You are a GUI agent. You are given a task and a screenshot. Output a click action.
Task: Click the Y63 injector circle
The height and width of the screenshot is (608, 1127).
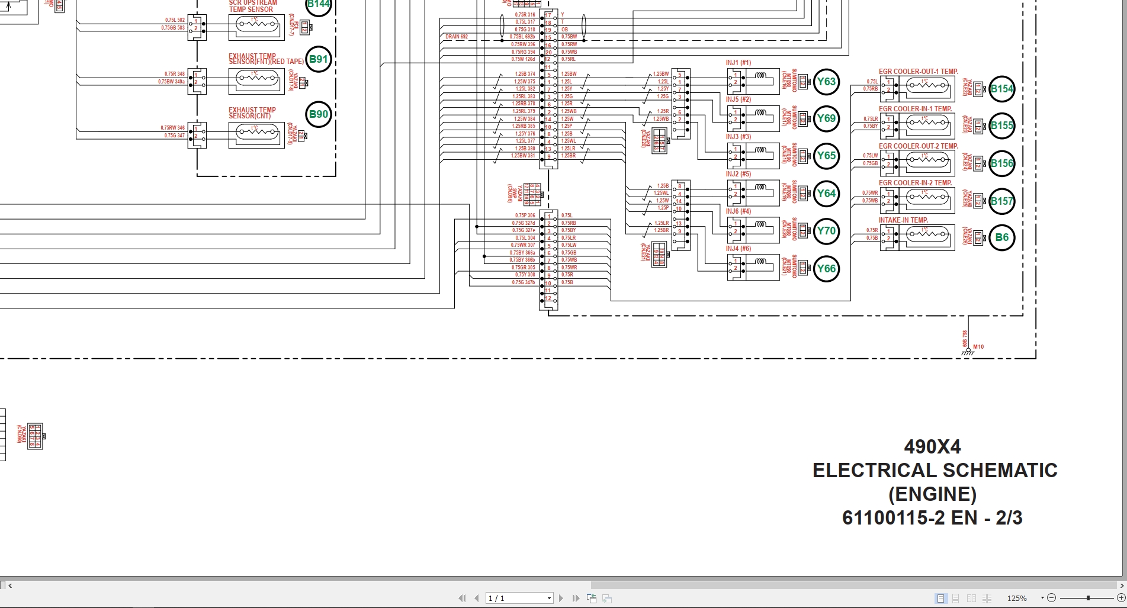(826, 82)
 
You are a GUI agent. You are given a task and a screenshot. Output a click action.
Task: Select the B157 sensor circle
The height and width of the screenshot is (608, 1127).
(1001, 201)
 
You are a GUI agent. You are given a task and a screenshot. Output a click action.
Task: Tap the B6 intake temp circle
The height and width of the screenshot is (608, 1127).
(1001, 238)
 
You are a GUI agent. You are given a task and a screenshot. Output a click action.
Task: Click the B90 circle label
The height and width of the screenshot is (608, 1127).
(319, 115)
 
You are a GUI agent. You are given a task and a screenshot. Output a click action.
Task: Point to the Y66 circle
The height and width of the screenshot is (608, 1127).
(826, 269)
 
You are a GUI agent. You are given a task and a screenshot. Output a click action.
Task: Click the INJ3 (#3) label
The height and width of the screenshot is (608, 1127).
(738, 137)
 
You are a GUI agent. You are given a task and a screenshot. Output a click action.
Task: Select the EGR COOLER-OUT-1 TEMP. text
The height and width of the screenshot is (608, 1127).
(918, 72)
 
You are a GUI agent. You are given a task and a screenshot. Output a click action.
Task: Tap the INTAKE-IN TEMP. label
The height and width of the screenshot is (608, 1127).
(903, 220)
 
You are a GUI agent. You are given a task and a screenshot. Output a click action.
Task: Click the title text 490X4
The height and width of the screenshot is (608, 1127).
(932, 446)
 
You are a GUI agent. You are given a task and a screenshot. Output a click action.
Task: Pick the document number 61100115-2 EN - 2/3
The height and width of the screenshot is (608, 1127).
(932, 518)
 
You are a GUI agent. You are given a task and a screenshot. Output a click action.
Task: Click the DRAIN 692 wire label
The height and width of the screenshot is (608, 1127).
(457, 37)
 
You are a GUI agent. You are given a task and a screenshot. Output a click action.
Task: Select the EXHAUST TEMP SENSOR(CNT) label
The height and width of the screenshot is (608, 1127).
(252, 113)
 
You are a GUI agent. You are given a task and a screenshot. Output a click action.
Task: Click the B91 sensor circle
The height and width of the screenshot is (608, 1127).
(319, 59)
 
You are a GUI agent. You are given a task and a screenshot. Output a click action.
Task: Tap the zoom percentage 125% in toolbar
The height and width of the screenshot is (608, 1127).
(1017, 599)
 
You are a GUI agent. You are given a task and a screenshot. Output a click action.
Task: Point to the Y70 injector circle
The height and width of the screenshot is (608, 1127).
(826, 231)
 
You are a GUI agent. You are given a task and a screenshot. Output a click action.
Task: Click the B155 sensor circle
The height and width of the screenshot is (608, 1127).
(1001, 126)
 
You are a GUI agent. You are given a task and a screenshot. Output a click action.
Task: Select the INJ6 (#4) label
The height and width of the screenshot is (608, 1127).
(738, 211)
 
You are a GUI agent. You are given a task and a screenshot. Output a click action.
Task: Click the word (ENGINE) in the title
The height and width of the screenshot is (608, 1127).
(932, 494)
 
